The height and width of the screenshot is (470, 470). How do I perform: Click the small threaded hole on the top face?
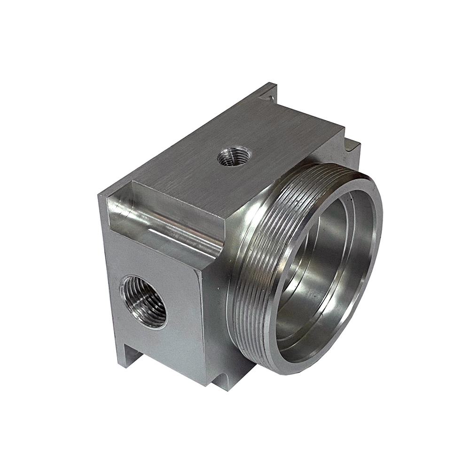click(234, 157)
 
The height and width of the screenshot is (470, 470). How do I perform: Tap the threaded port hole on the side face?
click(144, 301)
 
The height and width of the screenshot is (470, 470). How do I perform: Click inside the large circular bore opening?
click(320, 273)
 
